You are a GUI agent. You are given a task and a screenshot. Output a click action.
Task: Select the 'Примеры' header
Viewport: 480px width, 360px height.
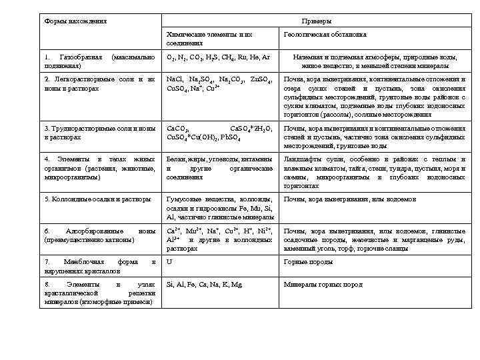(316, 21)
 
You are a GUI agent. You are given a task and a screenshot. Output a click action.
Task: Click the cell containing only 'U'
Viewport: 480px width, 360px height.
(169, 263)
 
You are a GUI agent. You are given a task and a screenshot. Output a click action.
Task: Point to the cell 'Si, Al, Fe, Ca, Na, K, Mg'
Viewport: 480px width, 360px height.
(204, 285)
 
